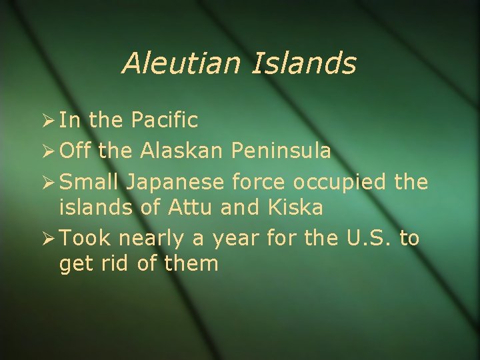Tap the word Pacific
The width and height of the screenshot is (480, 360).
coord(164,121)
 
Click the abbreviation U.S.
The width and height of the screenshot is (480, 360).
coord(363,238)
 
